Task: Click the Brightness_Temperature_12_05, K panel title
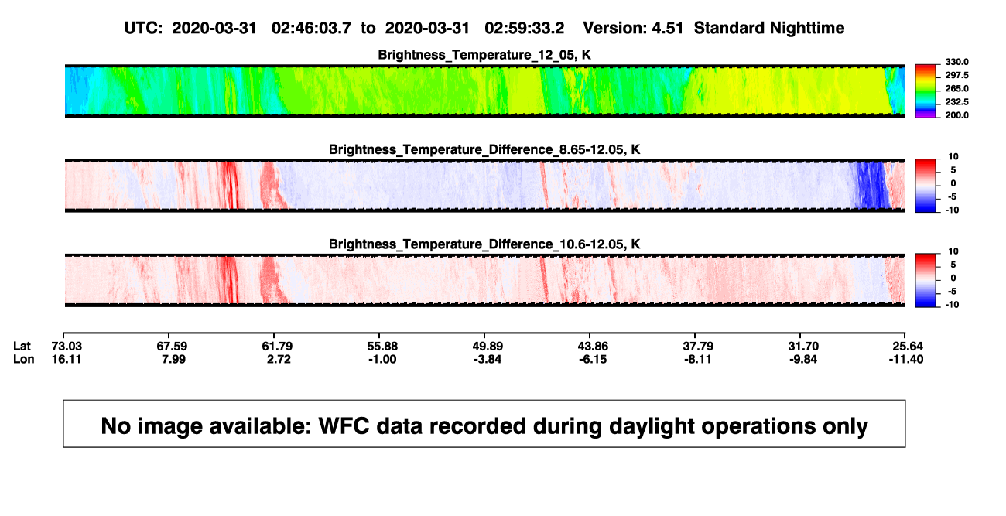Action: click(484, 55)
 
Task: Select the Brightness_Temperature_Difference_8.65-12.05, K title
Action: click(484, 149)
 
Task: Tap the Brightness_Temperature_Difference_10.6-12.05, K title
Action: click(484, 244)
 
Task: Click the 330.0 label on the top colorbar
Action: click(956, 62)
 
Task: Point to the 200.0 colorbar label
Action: click(956, 115)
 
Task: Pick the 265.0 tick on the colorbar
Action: click(956, 88)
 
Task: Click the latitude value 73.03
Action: click(67, 347)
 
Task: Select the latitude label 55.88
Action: click(382, 347)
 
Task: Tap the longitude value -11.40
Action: click(906, 359)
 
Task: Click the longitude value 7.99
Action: click(173, 359)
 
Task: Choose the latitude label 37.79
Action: click(698, 347)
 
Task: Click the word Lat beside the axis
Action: click(22, 347)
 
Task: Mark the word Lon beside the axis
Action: click(23, 359)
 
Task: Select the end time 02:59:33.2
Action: click(524, 29)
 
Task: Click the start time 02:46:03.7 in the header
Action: click(311, 29)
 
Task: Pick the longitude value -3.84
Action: click(488, 359)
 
